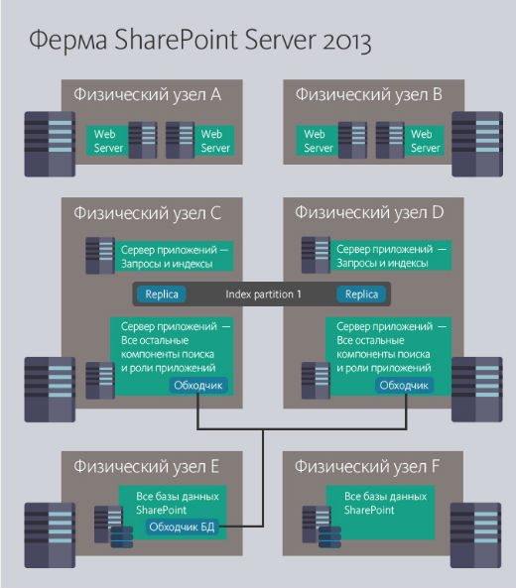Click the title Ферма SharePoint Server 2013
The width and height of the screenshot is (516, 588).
pos(199,41)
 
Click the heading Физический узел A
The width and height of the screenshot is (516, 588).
pos(146,95)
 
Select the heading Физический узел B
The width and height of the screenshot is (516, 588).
pos(368,95)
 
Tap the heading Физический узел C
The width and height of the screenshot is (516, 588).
pos(146,212)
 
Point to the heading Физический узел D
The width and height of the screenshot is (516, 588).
pos(368,212)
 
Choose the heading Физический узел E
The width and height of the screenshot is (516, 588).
pos(146,464)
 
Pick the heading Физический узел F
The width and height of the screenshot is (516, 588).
pos(368,464)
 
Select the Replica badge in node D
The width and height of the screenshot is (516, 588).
pos(361,294)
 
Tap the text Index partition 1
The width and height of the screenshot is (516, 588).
pos(263,294)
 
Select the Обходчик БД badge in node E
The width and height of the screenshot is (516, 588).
pos(180,527)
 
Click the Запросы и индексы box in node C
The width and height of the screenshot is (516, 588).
pos(175,256)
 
